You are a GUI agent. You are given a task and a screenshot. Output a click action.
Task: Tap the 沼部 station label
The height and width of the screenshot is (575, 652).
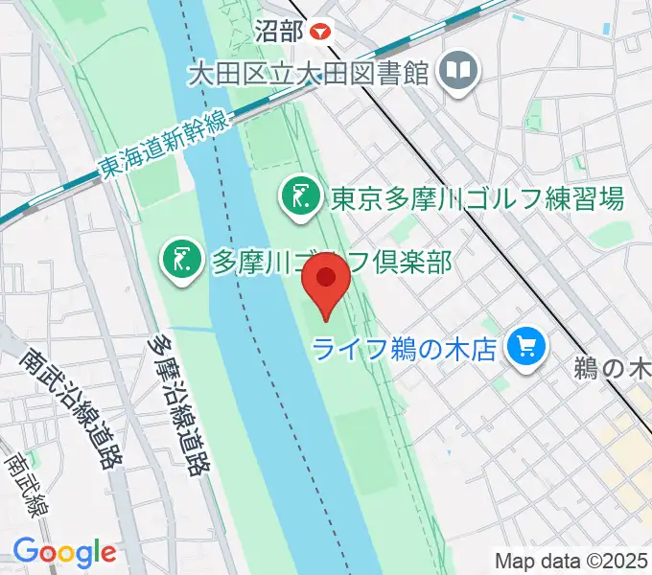[280, 30]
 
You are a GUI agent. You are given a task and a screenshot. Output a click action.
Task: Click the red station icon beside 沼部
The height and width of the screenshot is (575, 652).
[321, 30]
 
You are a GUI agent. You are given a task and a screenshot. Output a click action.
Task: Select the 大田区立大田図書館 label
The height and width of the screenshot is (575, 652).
[307, 73]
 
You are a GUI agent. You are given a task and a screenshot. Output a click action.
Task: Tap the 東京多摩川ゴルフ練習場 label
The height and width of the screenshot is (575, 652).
[477, 198]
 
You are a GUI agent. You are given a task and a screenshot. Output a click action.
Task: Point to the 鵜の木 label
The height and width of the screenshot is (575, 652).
[614, 367]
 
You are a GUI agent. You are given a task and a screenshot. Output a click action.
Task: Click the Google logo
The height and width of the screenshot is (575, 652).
[64, 552]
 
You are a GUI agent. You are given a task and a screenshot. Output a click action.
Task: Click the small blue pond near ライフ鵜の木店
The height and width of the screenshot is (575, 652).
[447, 450]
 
